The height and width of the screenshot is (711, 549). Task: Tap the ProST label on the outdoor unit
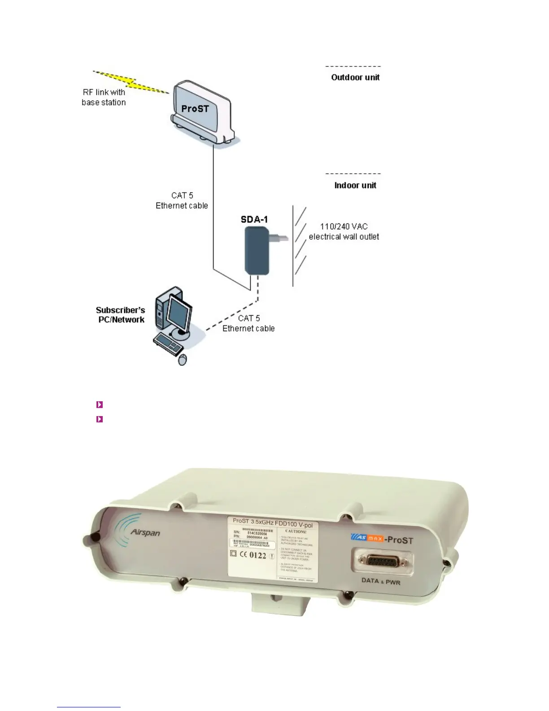point(195,109)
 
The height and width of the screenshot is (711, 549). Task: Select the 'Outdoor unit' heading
point(355,77)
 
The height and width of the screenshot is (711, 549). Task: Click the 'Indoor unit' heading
point(355,185)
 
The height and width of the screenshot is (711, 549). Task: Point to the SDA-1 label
point(254,219)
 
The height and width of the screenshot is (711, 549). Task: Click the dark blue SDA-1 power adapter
point(257,250)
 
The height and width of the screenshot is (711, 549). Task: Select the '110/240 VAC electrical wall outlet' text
point(344,232)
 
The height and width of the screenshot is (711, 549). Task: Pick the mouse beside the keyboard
point(183,360)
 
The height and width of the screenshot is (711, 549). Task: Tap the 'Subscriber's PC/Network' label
point(121,315)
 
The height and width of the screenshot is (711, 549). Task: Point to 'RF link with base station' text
point(104,97)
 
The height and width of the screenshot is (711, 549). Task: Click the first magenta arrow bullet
point(100,404)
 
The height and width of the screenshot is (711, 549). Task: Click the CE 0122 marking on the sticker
point(253,555)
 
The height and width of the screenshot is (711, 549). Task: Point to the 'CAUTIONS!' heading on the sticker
point(296,531)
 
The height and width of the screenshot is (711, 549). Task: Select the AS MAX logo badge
point(367,537)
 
